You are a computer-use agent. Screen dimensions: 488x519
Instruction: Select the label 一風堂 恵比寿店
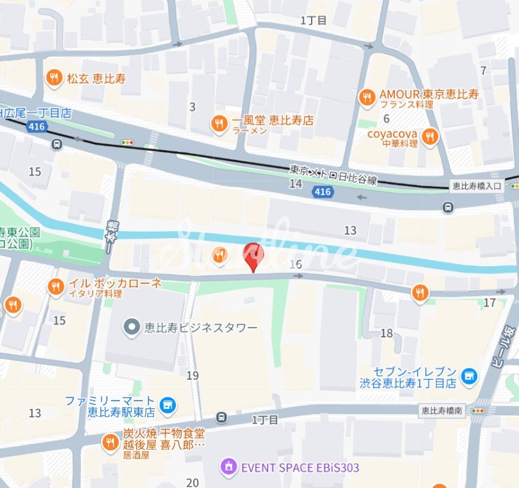click(x=273, y=121)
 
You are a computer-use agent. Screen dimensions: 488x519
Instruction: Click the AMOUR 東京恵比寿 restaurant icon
click(x=367, y=97)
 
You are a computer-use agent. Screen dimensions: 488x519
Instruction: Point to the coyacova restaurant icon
click(x=429, y=136)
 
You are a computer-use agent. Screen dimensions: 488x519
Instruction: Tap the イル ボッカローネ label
click(x=115, y=284)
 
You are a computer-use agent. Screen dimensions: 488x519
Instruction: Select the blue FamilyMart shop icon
click(x=168, y=405)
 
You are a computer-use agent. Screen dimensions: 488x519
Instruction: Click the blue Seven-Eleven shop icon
click(x=468, y=376)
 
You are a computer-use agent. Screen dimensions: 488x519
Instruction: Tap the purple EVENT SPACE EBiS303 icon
click(x=228, y=466)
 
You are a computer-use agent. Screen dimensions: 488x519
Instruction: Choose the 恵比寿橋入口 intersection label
click(x=477, y=186)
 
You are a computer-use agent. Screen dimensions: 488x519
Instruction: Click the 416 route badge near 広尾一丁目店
click(x=37, y=127)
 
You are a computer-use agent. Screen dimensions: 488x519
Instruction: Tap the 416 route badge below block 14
click(x=321, y=191)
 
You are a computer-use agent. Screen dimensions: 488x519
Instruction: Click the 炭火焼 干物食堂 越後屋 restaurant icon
click(x=110, y=444)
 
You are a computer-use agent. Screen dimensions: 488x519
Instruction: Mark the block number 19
click(x=192, y=375)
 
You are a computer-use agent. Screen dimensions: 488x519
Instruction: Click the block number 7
click(x=483, y=70)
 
